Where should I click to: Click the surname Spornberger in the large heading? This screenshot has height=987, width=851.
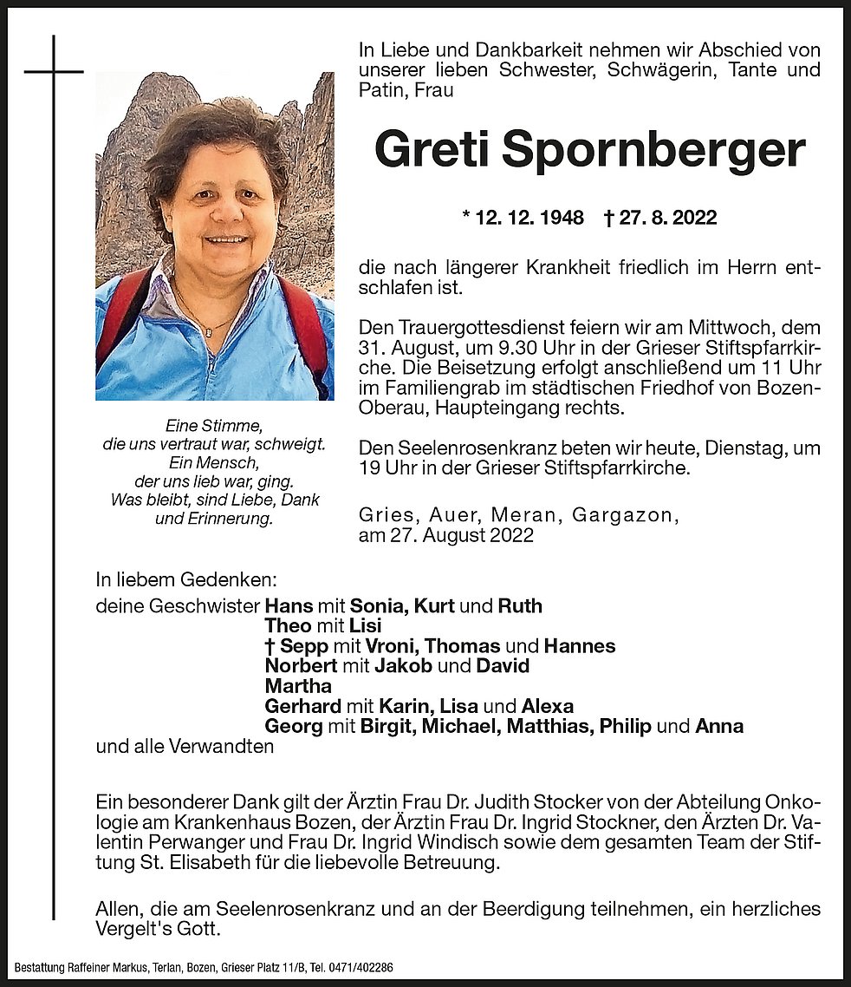click(653, 151)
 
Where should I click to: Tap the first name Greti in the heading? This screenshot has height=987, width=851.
click(424, 151)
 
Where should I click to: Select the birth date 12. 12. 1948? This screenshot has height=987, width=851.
click(523, 218)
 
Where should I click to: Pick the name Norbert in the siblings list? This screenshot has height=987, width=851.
click(300, 666)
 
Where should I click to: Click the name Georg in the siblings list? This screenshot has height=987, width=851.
click(292, 726)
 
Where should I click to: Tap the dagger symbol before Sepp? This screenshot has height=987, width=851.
click(270, 646)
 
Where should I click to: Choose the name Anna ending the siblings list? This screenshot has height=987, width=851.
click(719, 726)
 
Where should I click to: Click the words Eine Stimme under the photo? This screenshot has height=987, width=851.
click(213, 425)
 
